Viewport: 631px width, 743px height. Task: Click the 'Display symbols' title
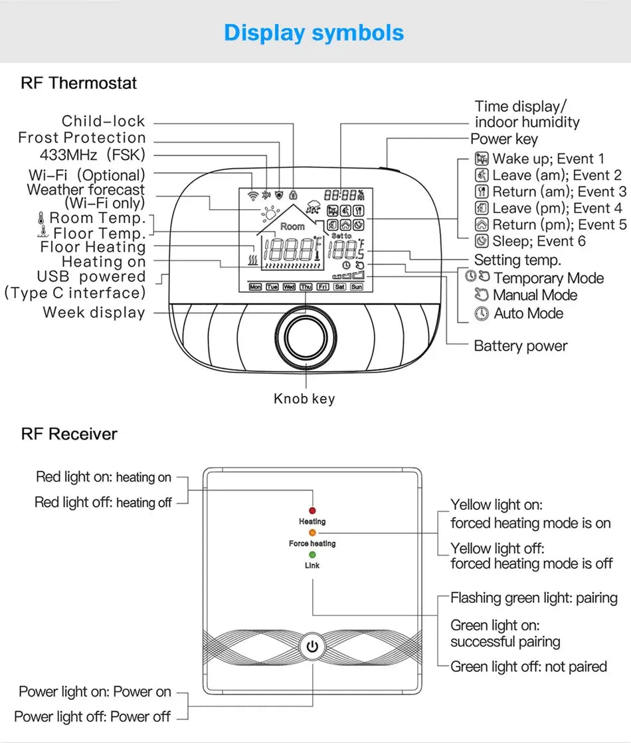[314, 33]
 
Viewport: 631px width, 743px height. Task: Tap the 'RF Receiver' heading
[69, 434]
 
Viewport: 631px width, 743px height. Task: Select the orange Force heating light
[312, 533]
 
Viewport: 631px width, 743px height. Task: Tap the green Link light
[312, 554]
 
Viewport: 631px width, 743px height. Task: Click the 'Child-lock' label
[103, 121]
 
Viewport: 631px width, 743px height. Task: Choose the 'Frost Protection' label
[82, 138]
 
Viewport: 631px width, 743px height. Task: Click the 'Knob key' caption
[304, 399]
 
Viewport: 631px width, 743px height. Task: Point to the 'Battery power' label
[520, 346]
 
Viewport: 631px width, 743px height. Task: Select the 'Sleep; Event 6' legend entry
[539, 241]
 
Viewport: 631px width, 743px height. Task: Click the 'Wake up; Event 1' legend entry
[548, 159]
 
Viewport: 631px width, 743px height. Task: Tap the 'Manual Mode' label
[535, 295]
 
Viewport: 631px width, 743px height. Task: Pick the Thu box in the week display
[306, 287]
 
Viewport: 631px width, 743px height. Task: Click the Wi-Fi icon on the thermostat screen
[252, 196]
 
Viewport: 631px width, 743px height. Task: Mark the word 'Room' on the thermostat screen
[292, 226]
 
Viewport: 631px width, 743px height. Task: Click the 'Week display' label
[94, 313]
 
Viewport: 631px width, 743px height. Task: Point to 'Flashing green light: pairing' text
[534, 598]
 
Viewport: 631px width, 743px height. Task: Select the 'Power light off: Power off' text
[92, 717]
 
